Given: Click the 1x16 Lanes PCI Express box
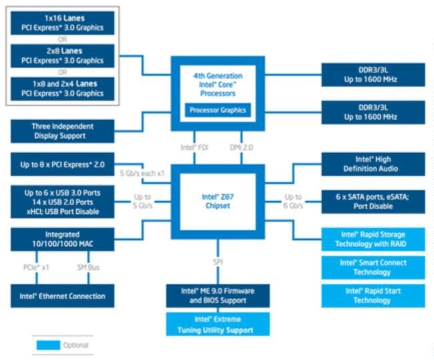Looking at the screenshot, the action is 63,23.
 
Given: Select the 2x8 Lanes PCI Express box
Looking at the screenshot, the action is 63,56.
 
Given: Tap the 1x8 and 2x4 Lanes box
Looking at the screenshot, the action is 63,89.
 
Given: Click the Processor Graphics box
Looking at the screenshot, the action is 218,110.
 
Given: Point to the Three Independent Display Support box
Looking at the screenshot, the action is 63,131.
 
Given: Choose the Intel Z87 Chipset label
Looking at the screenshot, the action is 218,201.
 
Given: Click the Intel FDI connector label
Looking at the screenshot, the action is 194,148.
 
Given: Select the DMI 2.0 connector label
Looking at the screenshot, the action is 241,148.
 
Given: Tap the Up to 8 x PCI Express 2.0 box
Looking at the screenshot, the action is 63,164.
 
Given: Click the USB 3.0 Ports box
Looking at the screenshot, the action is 63,202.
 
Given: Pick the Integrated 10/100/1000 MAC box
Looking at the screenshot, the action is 63,239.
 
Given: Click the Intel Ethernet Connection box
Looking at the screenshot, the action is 63,296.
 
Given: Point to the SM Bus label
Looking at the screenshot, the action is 88,267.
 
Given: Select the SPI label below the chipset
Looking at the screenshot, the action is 218,262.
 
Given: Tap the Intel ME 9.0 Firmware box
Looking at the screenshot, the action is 218,296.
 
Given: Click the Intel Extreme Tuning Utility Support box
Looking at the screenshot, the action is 218,324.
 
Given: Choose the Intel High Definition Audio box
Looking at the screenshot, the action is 373,164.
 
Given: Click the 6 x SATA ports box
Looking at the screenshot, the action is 373,202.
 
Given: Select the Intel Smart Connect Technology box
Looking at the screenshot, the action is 373,268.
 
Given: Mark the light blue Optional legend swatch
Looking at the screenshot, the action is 48,345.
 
